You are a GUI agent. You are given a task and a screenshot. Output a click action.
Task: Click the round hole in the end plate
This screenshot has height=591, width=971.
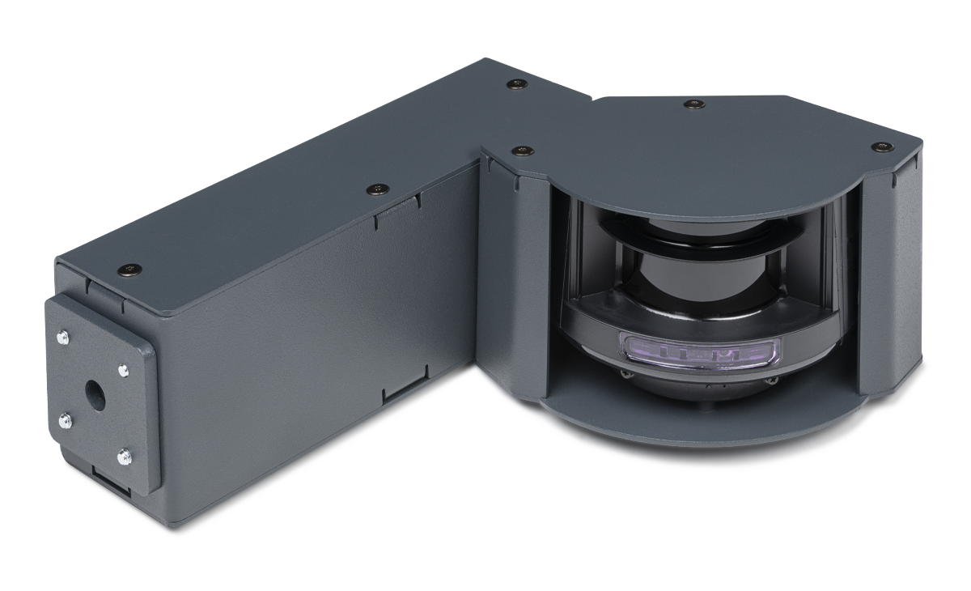point(94,394)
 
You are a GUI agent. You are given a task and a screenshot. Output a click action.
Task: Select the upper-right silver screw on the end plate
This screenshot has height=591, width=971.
point(122,370)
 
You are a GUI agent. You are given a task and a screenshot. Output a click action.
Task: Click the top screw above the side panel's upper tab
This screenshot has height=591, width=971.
point(376,189)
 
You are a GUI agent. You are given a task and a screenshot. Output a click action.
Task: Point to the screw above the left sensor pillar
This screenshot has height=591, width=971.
point(524,150)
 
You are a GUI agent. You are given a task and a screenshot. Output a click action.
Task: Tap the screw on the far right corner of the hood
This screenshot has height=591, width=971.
point(881,146)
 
